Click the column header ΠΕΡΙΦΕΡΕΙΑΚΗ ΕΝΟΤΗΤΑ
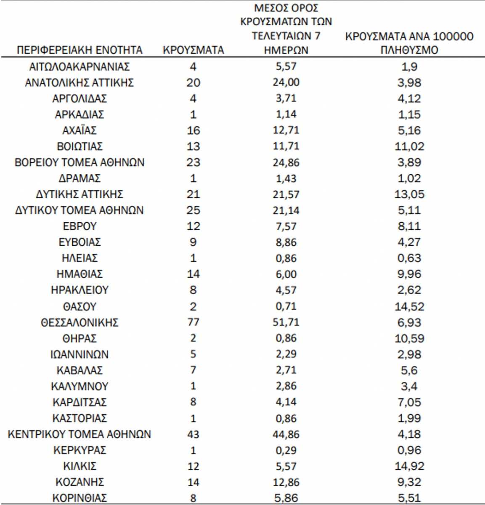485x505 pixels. pos(80,50)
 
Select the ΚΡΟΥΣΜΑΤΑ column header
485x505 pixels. pos(193,50)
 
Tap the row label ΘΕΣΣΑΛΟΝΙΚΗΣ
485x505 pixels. pos(80,323)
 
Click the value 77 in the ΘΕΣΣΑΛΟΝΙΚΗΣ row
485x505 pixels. pos(193,322)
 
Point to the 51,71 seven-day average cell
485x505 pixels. pos(286,322)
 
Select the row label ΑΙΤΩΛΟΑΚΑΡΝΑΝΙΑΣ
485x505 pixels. pos(80,66)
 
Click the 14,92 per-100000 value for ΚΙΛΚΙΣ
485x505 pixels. pos(409,466)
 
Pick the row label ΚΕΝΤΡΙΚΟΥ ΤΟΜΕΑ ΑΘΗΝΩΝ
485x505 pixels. pos(80,434)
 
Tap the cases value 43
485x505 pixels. pos(193,434)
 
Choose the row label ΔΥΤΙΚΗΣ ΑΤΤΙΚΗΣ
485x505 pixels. pos(80,194)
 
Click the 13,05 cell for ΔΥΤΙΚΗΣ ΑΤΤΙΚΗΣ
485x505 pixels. pos(409,194)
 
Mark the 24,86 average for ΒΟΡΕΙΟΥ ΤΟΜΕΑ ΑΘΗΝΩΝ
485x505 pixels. pos(286,162)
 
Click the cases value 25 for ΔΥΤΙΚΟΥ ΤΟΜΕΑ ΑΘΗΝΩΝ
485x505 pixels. pos(193,210)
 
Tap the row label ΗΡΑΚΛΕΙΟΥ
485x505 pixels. pos(80,290)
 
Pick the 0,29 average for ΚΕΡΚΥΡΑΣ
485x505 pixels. pos(286,450)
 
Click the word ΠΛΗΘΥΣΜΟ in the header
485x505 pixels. pos(409,50)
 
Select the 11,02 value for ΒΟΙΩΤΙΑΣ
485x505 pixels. pos(409,146)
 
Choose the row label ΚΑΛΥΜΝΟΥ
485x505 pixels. pos(80,386)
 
